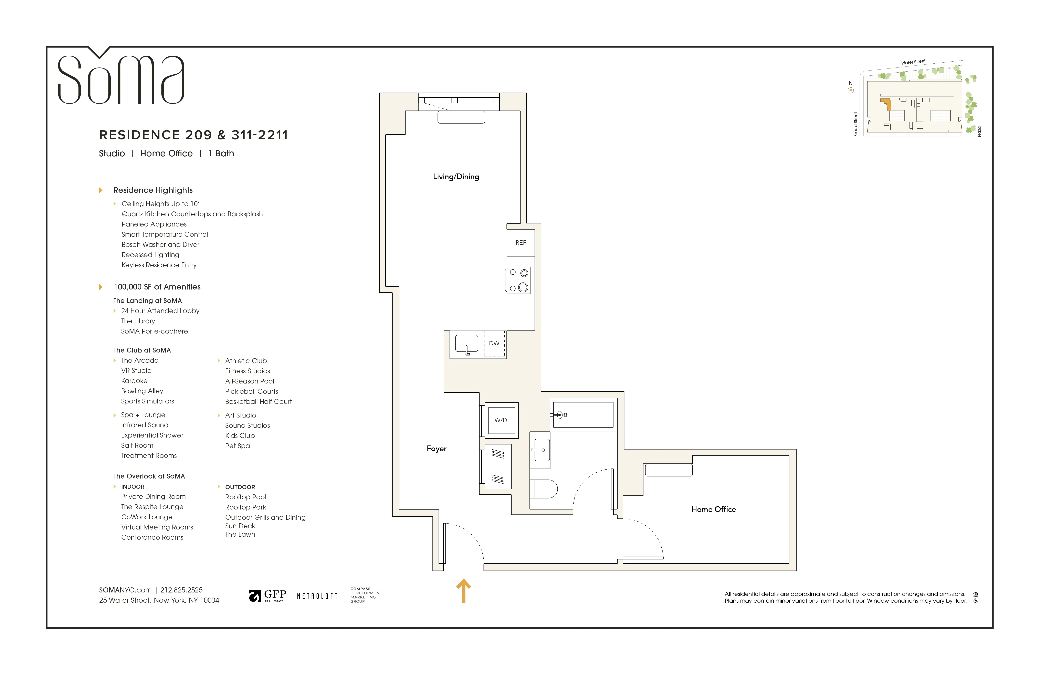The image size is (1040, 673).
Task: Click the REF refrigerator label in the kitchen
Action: (x=521, y=243)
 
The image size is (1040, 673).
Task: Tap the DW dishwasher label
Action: (x=494, y=344)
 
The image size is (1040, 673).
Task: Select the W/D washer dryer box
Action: (x=501, y=420)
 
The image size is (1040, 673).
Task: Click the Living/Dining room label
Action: (x=456, y=177)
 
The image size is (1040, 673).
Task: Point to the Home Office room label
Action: (x=713, y=509)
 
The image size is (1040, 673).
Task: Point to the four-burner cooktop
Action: (x=519, y=280)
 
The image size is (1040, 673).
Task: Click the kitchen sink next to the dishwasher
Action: (x=466, y=344)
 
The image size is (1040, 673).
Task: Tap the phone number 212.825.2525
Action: (x=181, y=590)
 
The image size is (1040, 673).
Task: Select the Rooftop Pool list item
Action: (x=246, y=497)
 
